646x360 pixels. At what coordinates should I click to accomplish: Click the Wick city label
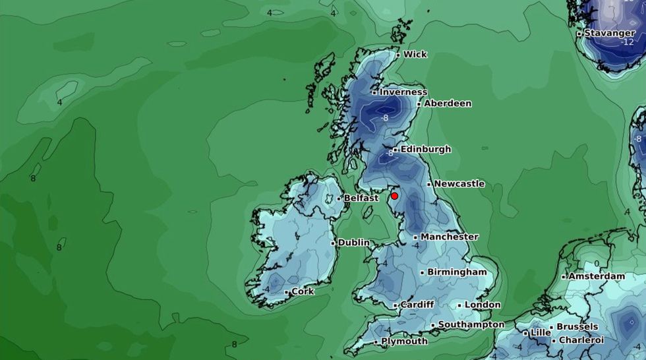[415, 54]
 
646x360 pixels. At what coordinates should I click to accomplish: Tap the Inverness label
[403, 92]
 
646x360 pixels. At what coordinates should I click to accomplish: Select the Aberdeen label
[448, 104]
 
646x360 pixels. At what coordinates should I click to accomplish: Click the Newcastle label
[459, 184]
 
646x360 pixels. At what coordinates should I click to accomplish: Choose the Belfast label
[361, 198]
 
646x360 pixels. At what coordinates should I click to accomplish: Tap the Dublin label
[354, 243]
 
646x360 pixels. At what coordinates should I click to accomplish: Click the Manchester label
[449, 237]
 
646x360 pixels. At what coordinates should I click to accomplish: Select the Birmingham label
[457, 272]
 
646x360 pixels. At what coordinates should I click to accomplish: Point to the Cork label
[303, 291]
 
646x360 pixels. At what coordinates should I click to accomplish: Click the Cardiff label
[417, 305]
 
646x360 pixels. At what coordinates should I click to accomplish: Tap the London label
[483, 305]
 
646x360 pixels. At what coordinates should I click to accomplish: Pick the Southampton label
[471, 324]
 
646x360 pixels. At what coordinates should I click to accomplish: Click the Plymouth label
[404, 342]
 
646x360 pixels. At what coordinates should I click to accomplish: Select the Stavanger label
[610, 33]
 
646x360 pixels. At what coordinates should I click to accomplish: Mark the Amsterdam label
[598, 276]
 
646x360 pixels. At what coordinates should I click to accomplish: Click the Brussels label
[577, 326]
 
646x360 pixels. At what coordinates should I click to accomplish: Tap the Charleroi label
[582, 340]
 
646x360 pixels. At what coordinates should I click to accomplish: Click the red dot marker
[394, 196]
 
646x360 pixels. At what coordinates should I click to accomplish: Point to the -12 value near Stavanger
[626, 42]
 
